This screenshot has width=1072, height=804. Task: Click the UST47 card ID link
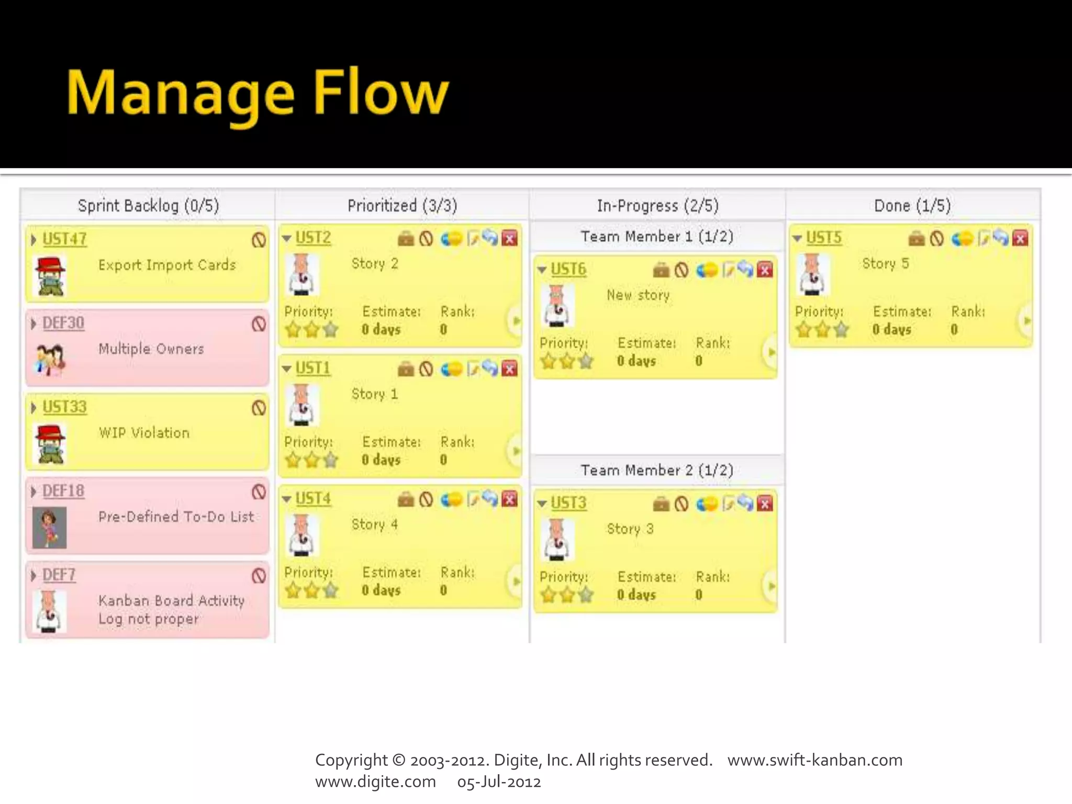click(x=64, y=239)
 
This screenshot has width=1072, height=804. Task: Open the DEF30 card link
click(x=63, y=323)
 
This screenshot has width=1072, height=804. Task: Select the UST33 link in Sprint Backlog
click(x=64, y=407)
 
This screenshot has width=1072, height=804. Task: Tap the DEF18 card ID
click(x=63, y=491)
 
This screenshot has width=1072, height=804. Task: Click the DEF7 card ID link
click(x=59, y=575)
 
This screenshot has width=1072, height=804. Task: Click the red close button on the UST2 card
click(x=509, y=239)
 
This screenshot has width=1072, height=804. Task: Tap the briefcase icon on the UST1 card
click(x=406, y=369)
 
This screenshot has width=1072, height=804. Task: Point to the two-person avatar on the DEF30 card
click(x=50, y=360)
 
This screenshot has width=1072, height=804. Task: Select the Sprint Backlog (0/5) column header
click(x=148, y=206)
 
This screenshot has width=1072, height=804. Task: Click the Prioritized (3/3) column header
click(x=402, y=206)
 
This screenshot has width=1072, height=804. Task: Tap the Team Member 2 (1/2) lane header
click(x=656, y=470)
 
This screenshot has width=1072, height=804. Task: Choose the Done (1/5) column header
click(x=912, y=206)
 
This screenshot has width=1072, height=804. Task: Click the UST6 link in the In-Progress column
click(x=568, y=270)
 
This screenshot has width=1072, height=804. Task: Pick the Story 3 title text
click(x=630, y=529)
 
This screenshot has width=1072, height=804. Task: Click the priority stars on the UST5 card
click(x=822, y=330)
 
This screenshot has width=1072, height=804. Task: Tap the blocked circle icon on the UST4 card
click(x=426, y=499)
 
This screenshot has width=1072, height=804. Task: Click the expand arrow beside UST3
click(x=542, y=504)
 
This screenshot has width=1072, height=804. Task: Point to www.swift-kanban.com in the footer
click(x=815, y=760)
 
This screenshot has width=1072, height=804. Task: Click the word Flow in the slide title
click(x=381, y=94)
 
